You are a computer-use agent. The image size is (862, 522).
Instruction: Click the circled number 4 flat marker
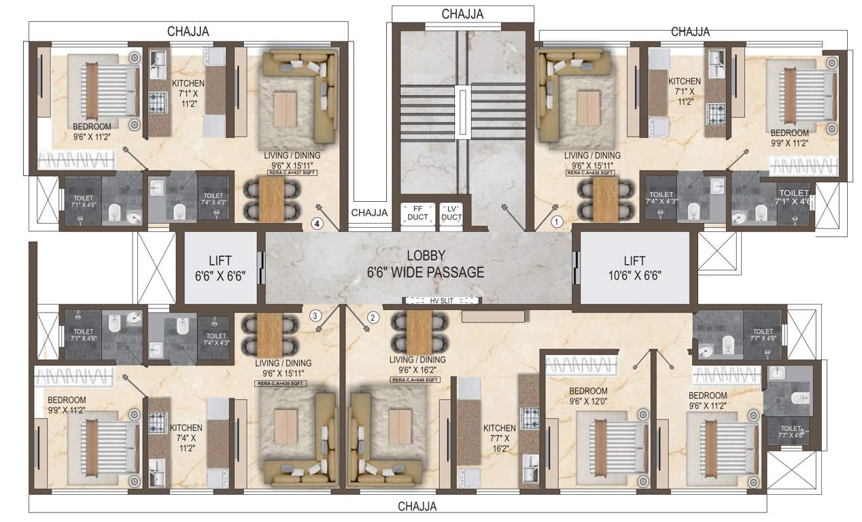tap(316, 222)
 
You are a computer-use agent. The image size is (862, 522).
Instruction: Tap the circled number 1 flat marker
tap(556, 221)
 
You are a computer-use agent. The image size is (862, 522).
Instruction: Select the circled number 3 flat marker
tap(314, 315)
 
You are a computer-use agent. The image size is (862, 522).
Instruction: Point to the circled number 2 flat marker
tap(372, 317)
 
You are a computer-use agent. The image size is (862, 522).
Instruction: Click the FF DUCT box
tap(413, 213)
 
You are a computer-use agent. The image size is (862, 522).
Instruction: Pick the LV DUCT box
tap(450, 213)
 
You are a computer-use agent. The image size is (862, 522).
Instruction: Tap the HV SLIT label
tap(442, 300)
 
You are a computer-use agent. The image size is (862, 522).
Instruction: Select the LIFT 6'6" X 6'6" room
tap(220, 268)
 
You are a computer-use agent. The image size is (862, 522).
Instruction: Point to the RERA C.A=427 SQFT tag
tap(291, 173)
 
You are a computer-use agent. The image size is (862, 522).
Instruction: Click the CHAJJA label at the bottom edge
tap(417, 506)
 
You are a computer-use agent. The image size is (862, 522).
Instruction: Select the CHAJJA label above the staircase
tap(462, 14)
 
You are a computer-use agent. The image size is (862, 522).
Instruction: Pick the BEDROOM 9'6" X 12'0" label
tap(588, 396)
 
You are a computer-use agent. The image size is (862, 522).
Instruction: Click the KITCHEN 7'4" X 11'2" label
tap(186, 438)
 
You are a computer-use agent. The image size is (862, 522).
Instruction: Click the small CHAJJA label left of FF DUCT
tap(369, 213)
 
